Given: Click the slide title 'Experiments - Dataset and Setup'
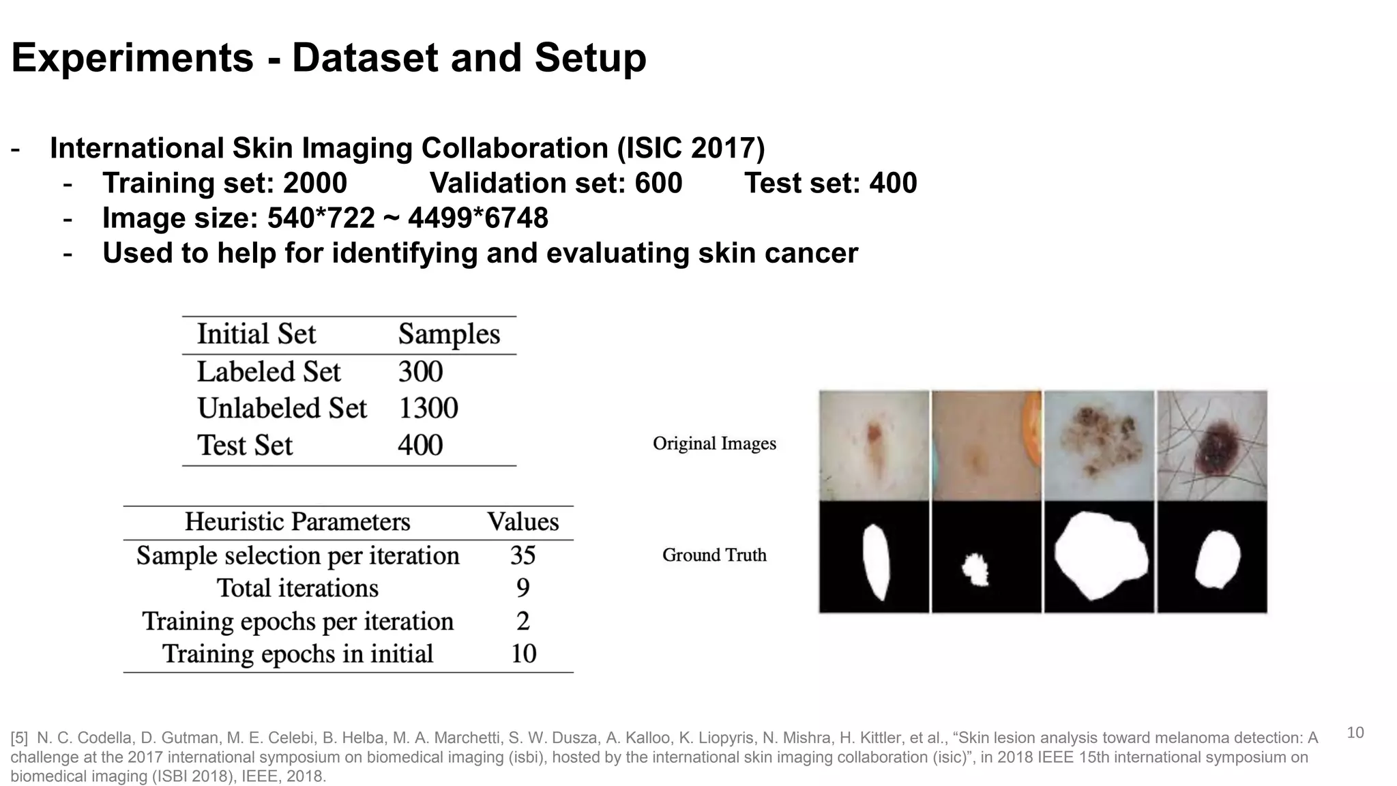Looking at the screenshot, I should click(x=329, y=58).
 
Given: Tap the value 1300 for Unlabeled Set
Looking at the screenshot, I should click(x=428, y=409).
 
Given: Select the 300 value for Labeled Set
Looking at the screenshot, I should click(x=420, y=372).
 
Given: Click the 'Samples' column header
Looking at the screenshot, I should click(x=449, y=334).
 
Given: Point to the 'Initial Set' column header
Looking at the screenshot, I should click(x=256, y=334).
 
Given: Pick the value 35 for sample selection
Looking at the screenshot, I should click(x=523, y=555).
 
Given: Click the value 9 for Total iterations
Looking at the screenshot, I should click(x=523, y=588).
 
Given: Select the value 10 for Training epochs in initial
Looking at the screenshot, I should click(x=523, y=654).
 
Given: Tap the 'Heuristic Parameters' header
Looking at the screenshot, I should click(x=297, y=522).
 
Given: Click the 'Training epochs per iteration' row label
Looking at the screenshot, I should click(x=297, y=622).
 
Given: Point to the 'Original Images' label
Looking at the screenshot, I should click(x=714, y=443).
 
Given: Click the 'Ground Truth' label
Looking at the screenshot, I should click(x=714, y=555).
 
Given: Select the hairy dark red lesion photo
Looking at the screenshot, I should click(x=1212, y=445).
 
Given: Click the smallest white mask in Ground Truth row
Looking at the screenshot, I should click(x=976, y=570).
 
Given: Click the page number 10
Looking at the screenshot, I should click(x=1355, y=733).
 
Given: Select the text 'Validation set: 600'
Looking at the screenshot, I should click(x=556, y=183).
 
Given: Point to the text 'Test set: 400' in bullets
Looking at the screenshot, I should click(x=830, y=183).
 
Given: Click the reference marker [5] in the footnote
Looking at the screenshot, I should click(x=19, y=738).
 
